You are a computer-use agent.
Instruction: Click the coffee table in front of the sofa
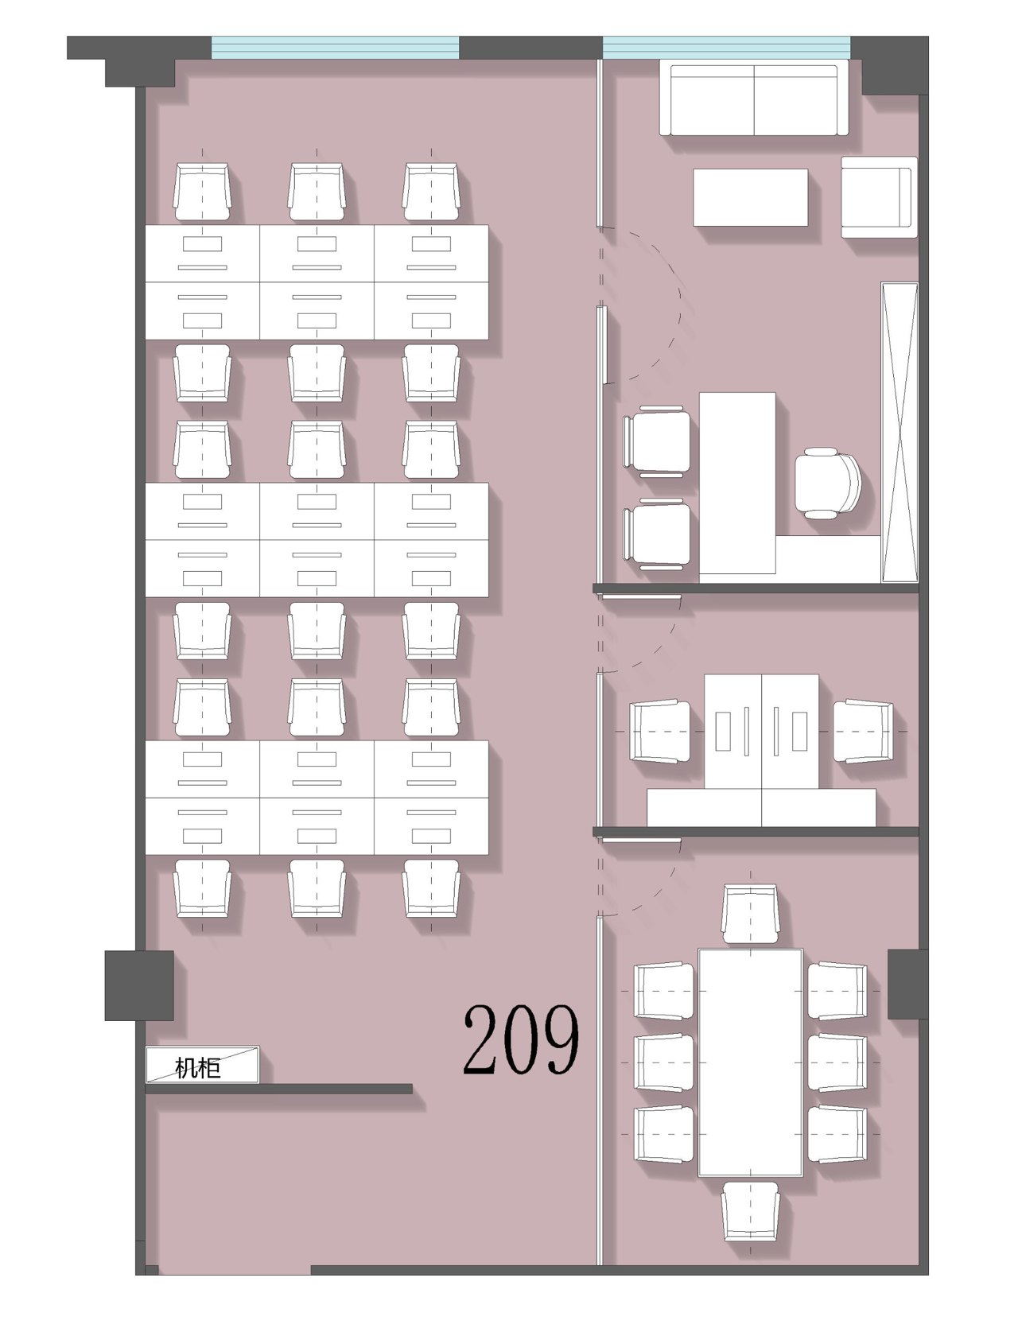750,197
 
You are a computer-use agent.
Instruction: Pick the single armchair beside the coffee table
879,196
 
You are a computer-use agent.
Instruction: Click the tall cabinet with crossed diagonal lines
899,432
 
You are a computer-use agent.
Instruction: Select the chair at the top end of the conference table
750,914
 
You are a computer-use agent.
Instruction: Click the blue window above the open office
335,48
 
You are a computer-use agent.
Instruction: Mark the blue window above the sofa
726,48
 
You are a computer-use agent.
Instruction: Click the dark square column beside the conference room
908,984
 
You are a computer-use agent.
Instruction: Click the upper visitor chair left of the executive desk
657,441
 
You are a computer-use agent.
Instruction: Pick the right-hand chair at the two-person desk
863,730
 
